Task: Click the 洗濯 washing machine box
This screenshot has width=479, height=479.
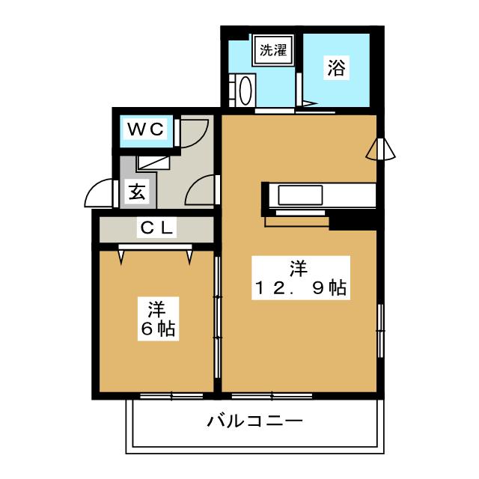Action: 272,52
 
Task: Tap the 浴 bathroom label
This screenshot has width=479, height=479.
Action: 336,69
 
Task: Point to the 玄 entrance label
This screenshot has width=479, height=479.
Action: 135,192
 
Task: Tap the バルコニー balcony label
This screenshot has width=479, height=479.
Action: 255,421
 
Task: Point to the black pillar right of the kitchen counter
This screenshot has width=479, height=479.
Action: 352,221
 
